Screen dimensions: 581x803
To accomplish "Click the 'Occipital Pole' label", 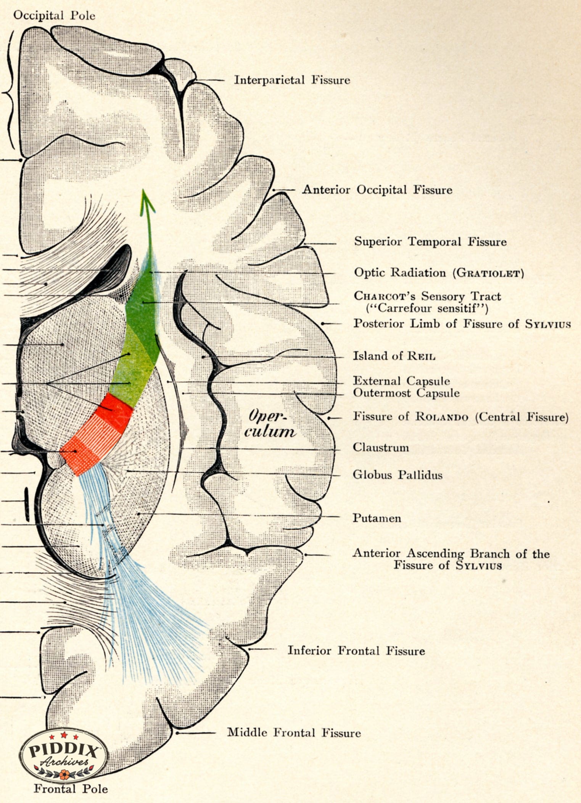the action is [x=54, y=16].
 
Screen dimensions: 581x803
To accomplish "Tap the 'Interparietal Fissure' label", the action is [x=292, y=80].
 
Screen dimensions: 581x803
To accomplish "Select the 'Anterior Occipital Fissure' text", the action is [x=377, y=190].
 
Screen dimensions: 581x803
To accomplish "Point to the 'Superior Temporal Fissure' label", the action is [x=430, y=242].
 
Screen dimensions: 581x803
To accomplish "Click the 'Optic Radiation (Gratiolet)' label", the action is [x=439, y=273].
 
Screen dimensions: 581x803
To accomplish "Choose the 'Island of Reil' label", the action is [x=394, y=356].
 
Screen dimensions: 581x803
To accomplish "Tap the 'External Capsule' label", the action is [x=401, y=381].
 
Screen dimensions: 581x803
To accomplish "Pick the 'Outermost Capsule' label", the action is [x=406, y=393].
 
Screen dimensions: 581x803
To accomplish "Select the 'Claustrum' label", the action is [x=380, y=447].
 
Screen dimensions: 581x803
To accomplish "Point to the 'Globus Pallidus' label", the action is [x=398, y=475].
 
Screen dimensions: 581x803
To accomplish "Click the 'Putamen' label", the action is [x=377, y=518].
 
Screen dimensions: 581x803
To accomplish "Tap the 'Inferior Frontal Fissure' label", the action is [x=356, y=650].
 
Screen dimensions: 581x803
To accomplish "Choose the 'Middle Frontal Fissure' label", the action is [x=294, y=732].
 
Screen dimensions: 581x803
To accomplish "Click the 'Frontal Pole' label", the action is [x=71, y=788].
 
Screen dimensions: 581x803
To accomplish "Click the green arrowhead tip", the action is [x=143, y=189].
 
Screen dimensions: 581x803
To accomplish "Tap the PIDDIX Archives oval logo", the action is [x=64, y=755].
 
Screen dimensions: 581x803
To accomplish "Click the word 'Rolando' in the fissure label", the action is [x=441, y=416].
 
